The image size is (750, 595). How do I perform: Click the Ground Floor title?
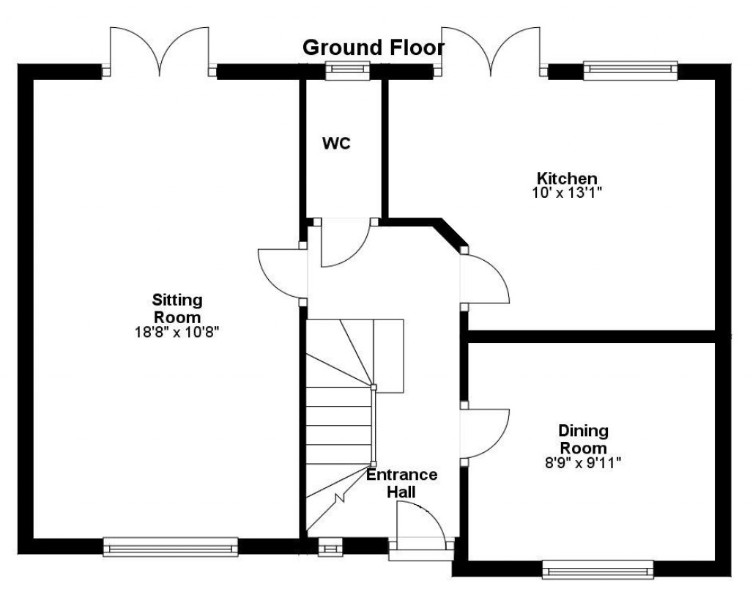[x=374, y=48]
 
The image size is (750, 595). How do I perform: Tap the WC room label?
[x=337, y=144]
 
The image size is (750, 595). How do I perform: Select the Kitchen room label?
[x=568, y=178]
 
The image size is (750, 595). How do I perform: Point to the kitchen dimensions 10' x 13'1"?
[x=569, y=193]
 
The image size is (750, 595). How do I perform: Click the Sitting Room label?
[x=177, y=308]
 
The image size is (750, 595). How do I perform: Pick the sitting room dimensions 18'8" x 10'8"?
[x=177, y=332]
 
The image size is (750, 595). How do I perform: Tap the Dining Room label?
[x=583, y=439]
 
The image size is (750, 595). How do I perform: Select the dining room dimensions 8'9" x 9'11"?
[x=584, y=462]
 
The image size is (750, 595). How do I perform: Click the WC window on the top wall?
[x=347, y=71]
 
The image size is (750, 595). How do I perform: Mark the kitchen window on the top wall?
[x=630, y=70]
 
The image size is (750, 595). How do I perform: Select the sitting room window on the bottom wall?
[x=171, y=547]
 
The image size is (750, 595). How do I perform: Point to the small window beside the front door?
[x=330, y=547]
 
